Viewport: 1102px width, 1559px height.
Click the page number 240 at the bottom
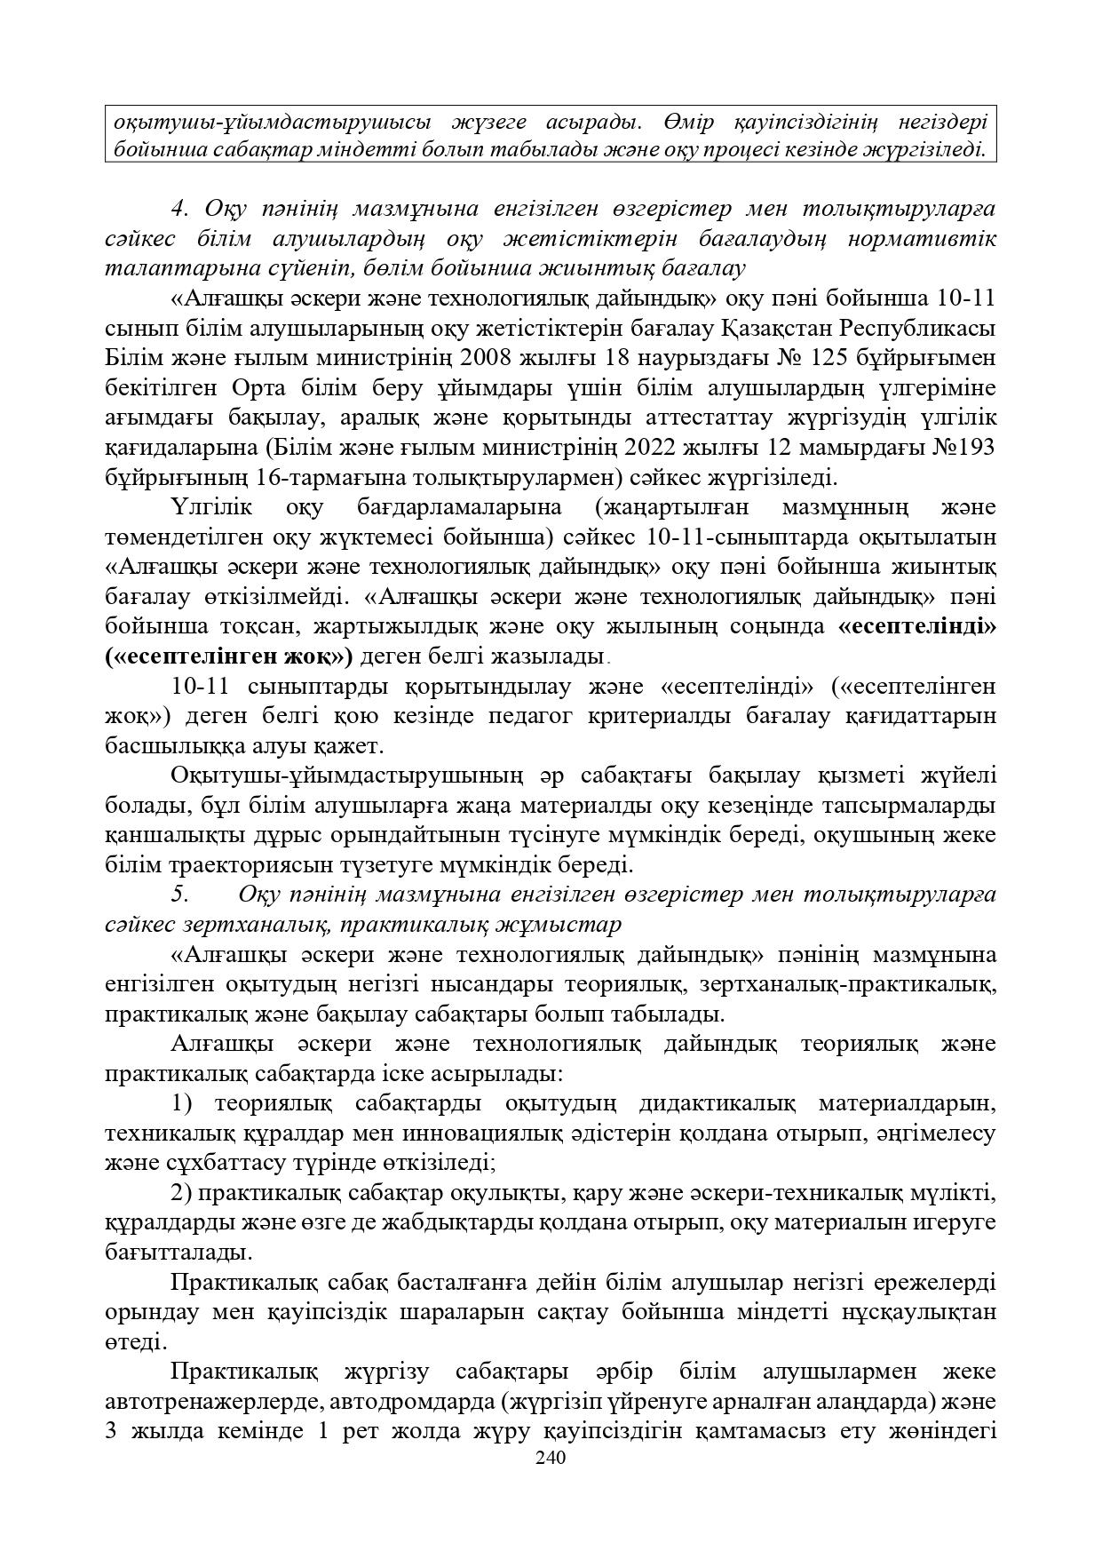551,1458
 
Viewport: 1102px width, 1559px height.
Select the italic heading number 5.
179,894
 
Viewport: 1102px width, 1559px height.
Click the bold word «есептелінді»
916,626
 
